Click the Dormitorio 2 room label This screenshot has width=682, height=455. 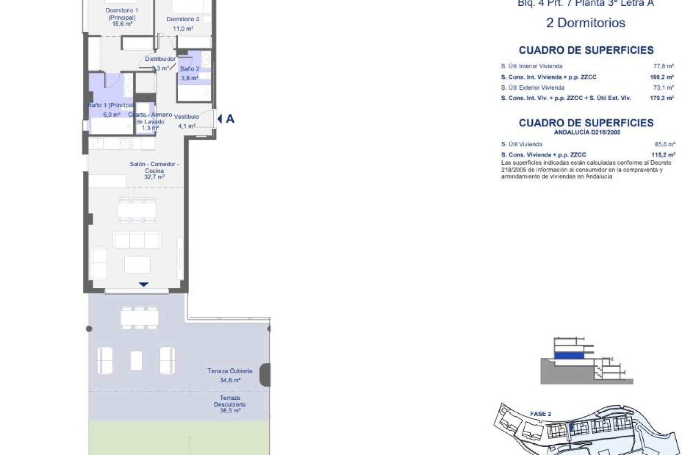[183, 20]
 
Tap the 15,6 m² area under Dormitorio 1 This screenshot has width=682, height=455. [122, 24]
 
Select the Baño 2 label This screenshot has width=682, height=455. [190, 69]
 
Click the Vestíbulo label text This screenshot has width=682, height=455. [186, 117]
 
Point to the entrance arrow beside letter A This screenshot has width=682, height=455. [220, 119]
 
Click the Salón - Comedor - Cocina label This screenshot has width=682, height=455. [154, 167]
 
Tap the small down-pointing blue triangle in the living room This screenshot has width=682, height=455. [144, 284]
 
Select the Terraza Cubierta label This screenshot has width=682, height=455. [230, 371]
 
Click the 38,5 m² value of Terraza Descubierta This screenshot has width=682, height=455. [230, 411]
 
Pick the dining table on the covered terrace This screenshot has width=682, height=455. [139, 317]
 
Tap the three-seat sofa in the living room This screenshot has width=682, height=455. [137, 240]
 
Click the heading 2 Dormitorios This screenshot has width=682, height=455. [585, 23]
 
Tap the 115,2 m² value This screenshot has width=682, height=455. [663, 155]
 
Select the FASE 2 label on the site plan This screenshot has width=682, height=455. [540, 414]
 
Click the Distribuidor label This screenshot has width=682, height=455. [160, 59]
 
